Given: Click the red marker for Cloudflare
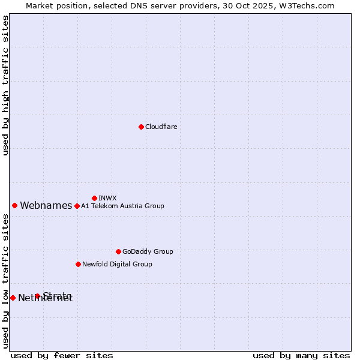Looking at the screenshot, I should [141, 127].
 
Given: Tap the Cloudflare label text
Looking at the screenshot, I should [161, 127].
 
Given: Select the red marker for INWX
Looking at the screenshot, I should [94, 198].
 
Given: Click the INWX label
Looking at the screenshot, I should [107, 198].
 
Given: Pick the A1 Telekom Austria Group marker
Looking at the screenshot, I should [77, 206].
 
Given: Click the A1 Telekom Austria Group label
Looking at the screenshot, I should [122, 206].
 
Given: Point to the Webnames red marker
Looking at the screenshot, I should [15, 205].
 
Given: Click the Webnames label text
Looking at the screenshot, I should [46, 206].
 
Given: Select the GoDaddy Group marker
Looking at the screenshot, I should [118, 251].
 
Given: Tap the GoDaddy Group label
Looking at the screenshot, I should [148, 252].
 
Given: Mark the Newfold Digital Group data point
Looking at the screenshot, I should [78, 264].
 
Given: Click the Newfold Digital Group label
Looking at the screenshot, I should [117, 265].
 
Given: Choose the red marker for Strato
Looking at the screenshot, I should [37, 296].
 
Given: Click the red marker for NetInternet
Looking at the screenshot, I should [13, 298].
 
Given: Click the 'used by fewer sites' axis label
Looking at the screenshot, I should [62, 356].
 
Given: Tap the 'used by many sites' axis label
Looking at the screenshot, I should [301, 356].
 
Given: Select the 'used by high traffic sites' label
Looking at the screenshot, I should [6, 85].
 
